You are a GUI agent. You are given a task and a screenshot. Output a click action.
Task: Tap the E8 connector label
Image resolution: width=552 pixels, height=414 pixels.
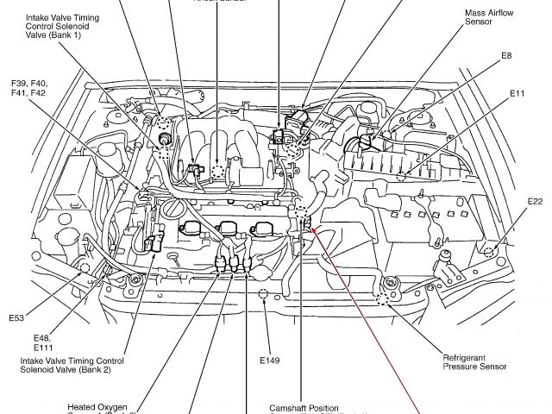(x=506, y=56)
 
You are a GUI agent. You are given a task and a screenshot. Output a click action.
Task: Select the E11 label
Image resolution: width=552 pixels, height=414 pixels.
(x=517, y=92)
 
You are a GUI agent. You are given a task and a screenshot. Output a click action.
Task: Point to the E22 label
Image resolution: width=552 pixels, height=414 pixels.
(x=536, y=202)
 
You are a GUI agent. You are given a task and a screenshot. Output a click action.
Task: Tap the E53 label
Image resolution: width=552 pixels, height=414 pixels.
(x=17, y=318)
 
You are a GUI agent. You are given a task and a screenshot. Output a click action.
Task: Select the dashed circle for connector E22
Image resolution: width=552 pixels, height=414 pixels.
(x=489, y=252)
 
